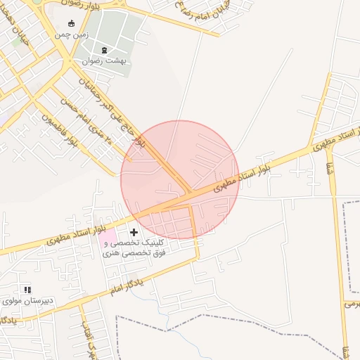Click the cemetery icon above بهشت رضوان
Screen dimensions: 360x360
point(105,49)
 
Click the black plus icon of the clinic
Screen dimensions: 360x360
point(134,231)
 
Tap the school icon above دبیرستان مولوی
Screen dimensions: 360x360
point(27,289)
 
